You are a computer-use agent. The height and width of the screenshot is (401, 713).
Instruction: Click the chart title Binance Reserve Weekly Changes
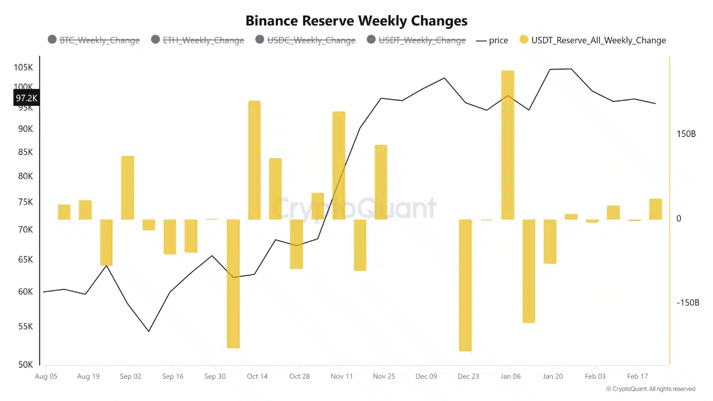[x=356, y=21]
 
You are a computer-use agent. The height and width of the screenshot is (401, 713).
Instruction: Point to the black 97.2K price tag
[x=26, y=98]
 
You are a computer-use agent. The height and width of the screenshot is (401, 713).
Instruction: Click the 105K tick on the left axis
[x=23, y=67]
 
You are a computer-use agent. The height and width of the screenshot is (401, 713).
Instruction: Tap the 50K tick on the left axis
[x=25, y=365]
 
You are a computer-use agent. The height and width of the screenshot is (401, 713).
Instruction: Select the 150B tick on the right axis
[x=686, y=134]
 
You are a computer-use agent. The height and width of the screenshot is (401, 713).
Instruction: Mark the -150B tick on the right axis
[x=687, y=302]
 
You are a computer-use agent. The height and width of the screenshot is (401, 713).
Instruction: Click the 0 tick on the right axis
[x=678, y=219]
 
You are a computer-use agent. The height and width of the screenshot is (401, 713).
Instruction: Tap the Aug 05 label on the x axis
[x=46, y=376]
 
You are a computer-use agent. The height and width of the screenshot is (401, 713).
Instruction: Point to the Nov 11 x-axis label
[x=341, y=376]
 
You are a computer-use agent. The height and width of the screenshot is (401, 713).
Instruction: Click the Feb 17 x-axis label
[x=637, y=376]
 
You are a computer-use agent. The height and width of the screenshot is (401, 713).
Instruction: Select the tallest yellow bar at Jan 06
[x=507, y=145]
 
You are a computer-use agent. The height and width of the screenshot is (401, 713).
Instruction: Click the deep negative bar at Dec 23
[x=465, y=285]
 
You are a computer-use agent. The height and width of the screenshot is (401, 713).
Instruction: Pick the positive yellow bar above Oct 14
[x=254, y=160]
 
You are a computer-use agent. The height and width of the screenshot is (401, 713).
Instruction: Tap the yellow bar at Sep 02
[x=128, y=188]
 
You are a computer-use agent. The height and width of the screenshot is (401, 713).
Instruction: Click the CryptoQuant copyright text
[x=650, y=389]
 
